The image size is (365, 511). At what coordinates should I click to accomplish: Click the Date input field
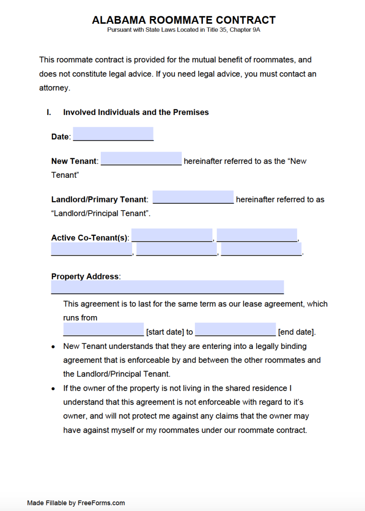[113, 134]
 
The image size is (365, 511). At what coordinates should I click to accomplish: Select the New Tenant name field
[141, 158]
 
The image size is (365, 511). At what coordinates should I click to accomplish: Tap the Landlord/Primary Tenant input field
[193, 197]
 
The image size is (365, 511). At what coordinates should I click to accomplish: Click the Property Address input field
[167, 287]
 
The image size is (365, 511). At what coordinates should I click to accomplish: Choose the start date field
[103, 329]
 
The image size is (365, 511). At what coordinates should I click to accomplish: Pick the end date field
[235, 329]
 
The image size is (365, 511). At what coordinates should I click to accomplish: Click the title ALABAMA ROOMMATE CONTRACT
[183, 20]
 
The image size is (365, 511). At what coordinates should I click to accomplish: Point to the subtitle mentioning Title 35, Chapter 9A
[183, 30]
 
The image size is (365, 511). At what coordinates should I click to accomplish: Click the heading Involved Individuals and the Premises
[136, 112]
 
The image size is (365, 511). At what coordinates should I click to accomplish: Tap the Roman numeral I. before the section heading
[48, 112]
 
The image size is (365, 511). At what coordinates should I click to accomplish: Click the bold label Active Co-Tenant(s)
[90, 238]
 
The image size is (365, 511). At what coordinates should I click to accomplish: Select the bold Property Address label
[85, 276]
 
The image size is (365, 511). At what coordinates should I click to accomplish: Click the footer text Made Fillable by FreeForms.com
[76, 502]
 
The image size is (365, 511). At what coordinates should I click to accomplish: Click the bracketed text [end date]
[296, 332]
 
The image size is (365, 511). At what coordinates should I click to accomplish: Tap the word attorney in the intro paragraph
[54, 88]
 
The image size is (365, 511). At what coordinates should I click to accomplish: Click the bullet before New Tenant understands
[53, 347]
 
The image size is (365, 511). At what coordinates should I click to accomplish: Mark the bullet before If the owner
[53, 389]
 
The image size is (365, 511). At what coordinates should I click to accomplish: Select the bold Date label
[60, 137]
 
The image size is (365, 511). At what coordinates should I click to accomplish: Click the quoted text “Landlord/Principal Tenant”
[100, 213]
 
